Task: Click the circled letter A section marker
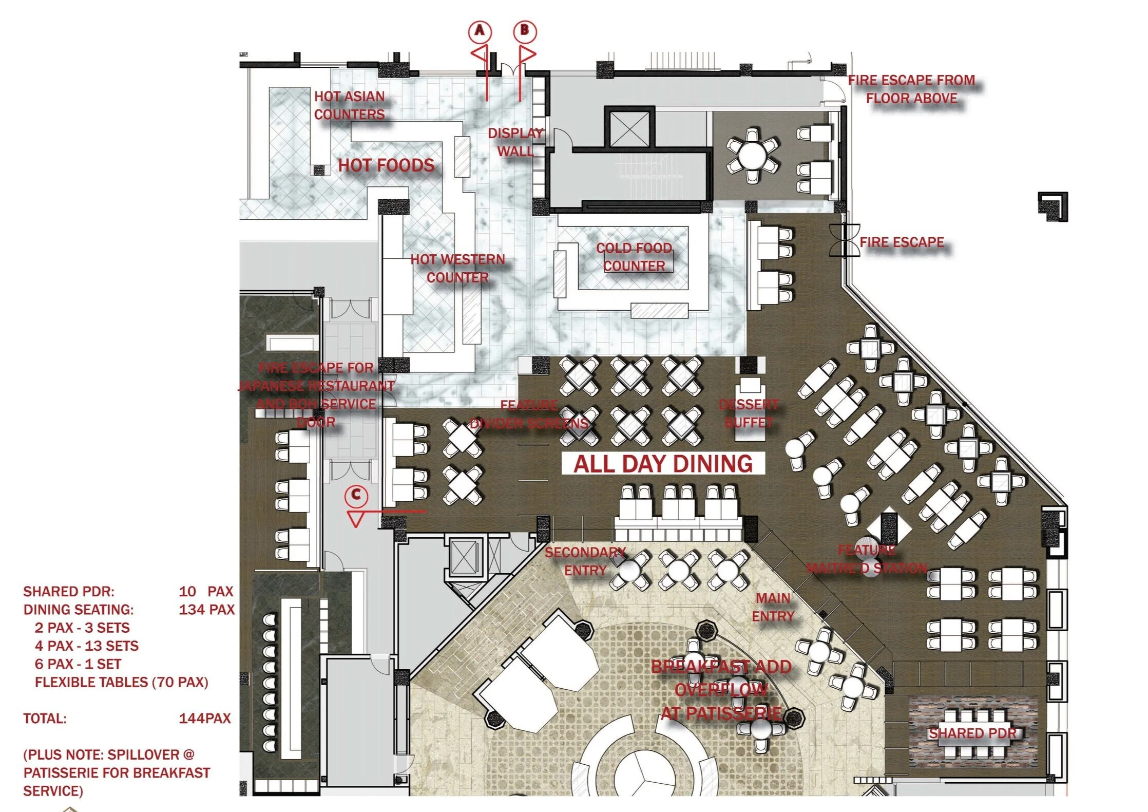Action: point(480,31)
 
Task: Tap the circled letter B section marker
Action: point(525,30)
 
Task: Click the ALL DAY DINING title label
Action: point(663,464)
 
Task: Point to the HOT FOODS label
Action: point(386,165)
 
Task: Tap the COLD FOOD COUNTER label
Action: point(634,257)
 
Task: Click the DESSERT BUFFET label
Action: point(749,413)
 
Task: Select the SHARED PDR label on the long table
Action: point(972,733)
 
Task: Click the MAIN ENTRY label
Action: point(773,607)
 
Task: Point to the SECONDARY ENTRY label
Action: point(585,561)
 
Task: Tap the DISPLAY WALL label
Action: point(515,142)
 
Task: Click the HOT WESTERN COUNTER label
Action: point(457,269)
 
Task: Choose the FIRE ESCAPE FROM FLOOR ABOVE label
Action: point(911,89)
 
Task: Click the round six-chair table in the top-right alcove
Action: point(753,155)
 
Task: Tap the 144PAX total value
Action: point(205,719)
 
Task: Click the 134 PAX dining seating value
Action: point(206,610)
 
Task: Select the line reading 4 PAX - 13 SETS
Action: point(87,646)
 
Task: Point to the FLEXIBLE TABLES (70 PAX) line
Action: point(122,682)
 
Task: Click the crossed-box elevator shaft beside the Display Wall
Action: point(629,128)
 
